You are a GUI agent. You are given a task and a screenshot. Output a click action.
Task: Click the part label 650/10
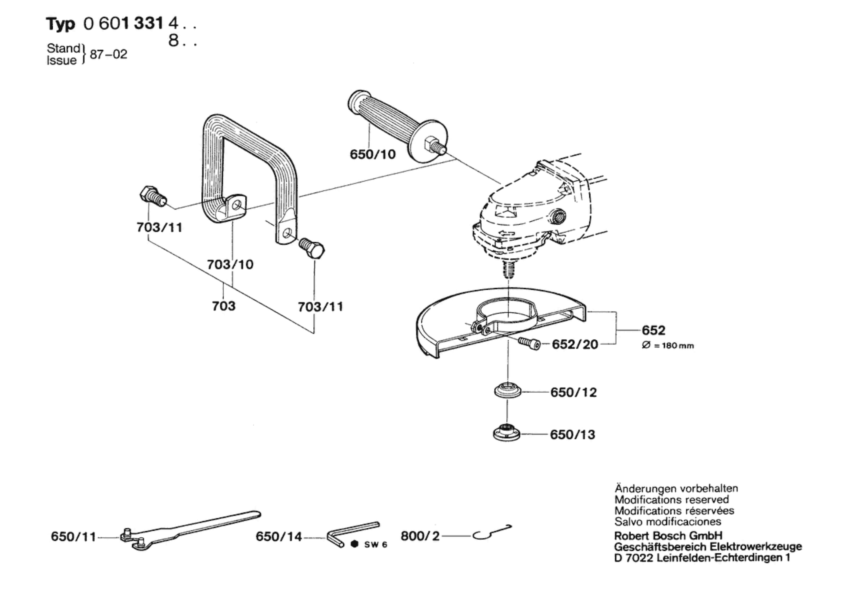click(373, 154)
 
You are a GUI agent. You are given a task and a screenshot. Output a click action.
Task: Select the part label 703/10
click(230, 264)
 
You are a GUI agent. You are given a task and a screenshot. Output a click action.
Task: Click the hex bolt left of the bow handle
click(152, 196)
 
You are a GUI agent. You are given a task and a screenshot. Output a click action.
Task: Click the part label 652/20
click(575, 344)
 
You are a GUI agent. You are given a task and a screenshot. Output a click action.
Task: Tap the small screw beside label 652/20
click(528, 343)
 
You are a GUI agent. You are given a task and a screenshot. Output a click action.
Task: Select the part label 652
click(653, 330)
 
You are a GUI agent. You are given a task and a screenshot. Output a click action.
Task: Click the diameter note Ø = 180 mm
click(668, 346)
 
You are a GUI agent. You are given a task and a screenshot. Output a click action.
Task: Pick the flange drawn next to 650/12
click(507, 391)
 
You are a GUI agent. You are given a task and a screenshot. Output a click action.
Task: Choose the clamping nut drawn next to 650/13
click(506, 433)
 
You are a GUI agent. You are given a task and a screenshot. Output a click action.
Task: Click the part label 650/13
click(572, 435)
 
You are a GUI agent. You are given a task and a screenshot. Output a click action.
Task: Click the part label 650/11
click(73, 537)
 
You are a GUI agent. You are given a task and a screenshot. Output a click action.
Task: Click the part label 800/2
click(420, 536)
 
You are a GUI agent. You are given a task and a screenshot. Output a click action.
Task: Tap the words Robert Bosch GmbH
click(668, 536)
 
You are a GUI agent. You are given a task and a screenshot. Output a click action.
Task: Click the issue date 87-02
click(108, 54)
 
